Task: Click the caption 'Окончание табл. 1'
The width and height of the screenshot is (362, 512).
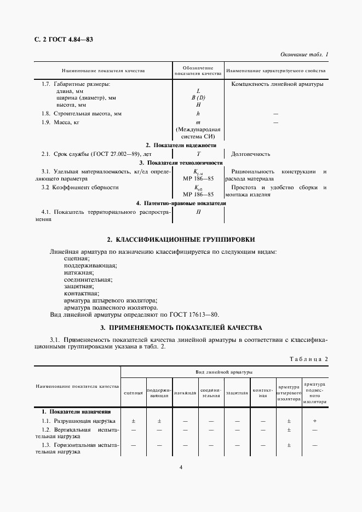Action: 304,55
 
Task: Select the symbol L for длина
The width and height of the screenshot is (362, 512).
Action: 198,91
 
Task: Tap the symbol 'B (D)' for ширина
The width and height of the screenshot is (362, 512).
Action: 198,97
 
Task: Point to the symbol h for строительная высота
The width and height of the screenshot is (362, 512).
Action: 198,113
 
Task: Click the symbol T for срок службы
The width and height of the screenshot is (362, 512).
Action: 198,154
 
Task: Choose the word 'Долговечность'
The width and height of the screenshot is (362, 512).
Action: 251,154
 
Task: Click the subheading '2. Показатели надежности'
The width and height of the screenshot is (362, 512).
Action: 181,145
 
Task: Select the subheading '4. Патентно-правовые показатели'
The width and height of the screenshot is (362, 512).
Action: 181,203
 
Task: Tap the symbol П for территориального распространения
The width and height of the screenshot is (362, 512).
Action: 198,212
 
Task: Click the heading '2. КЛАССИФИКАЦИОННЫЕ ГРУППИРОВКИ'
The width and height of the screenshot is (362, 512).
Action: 181,240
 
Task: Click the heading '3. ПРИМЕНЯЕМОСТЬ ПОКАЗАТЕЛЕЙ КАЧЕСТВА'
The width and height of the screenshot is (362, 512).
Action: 181,328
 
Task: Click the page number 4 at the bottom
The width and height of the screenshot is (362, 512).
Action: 181,467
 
